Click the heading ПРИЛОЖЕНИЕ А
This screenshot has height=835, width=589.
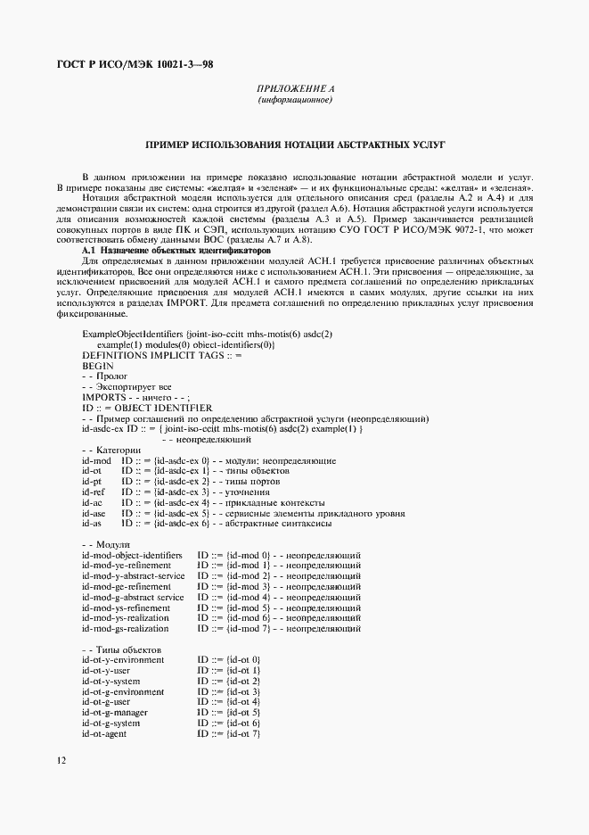(294, 90)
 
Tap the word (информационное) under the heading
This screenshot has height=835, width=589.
(294, 101)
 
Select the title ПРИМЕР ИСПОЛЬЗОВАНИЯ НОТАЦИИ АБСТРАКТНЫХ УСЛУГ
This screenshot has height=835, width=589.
(294, 143)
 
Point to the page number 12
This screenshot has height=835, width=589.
(61, 760)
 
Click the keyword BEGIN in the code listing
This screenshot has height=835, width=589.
(96, 366)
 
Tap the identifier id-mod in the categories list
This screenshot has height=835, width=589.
(94, 460)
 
